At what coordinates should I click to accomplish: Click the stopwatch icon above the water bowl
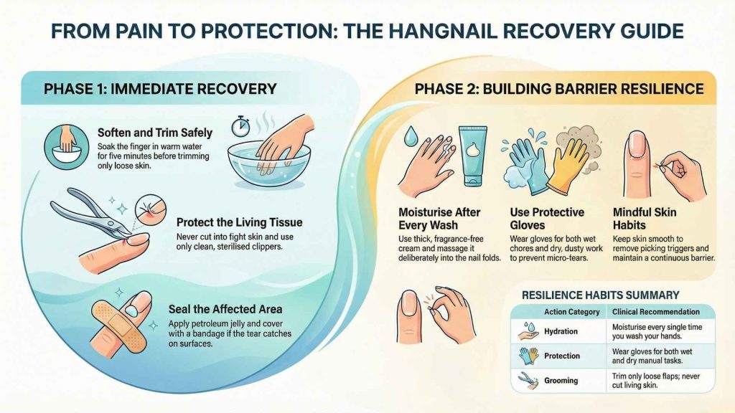[240, 127]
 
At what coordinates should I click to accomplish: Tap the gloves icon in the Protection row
[528, 356]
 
